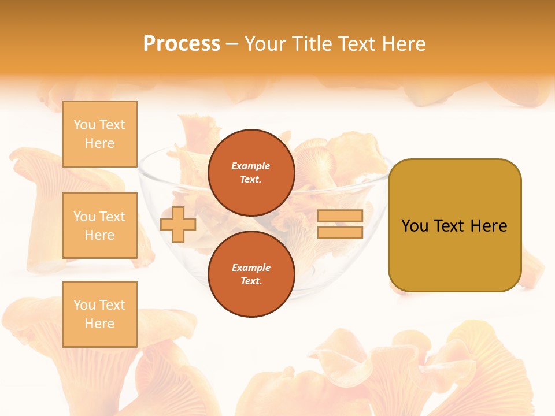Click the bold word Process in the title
(x=182, y=44)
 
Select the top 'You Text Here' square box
(x=99, y=134)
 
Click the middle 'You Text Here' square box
(x=99, y=225)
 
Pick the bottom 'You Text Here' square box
(x=99, y=314)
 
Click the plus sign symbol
(x=178, y=224)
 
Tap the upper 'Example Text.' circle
(x=251, y=172)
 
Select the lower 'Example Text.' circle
(x=251, y=274)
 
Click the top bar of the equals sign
(x=341, y=216)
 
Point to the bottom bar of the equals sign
(x=341, y=232)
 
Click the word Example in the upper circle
(x=251, y=166)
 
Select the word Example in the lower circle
(x=251, y=268)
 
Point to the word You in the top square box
(x=84, y=125)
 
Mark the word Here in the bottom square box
(x=99, y=324)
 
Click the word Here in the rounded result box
(x=489, y=226)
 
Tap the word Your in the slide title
(x=265, y=44)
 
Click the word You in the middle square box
(x=84, y=217)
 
